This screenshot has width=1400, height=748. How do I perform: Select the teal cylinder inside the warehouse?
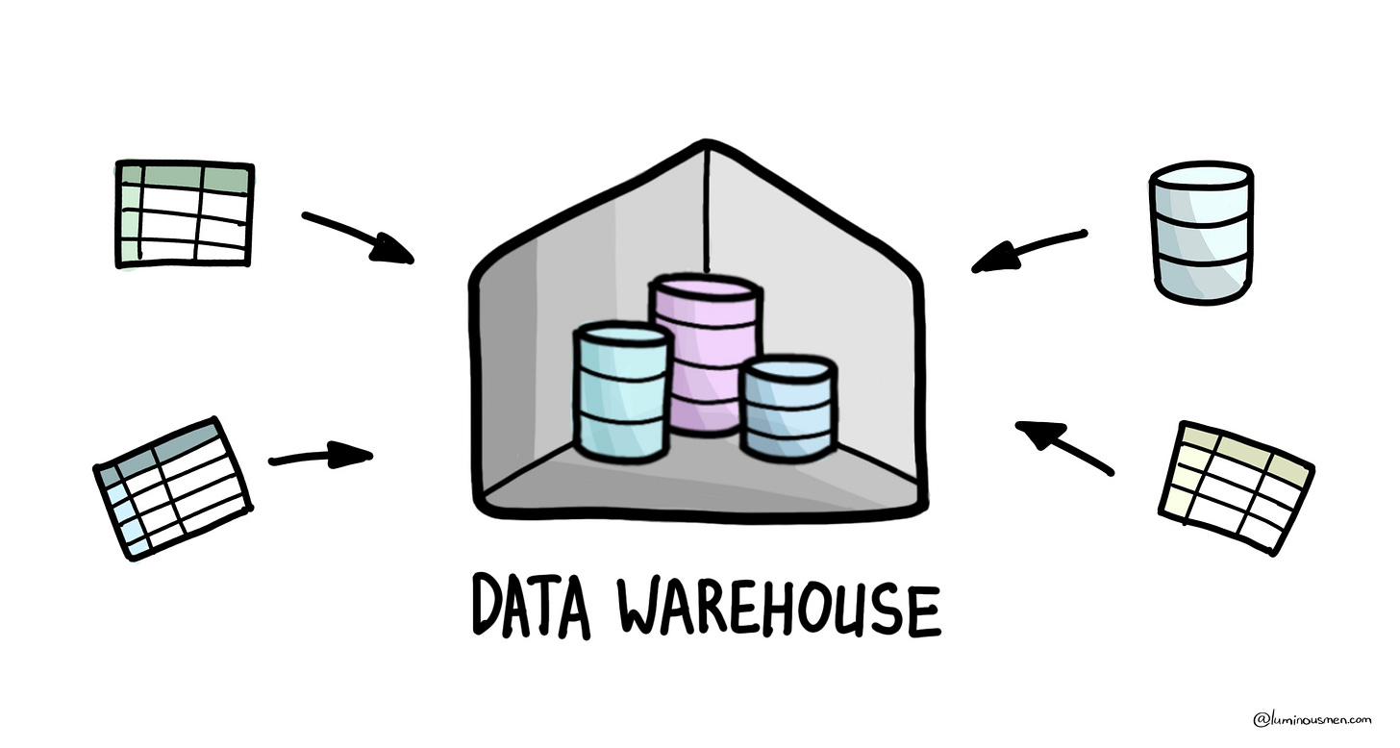(619, 394)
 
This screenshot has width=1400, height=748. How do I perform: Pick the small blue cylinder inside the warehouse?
(787, 409)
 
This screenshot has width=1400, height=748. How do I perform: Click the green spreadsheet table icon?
(184, 213)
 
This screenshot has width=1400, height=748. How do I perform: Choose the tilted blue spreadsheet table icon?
(172, 487)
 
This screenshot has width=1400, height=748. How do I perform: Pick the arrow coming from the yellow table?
(1063, 446)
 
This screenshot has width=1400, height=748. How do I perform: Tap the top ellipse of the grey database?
(1201, 179)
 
